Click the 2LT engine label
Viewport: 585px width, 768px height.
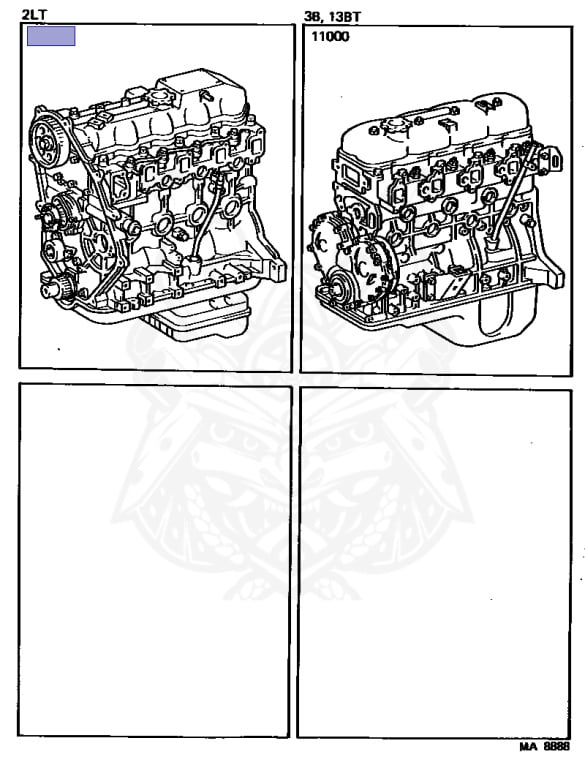[x=34, y=15]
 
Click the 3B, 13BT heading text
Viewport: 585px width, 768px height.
[x=332, y=17]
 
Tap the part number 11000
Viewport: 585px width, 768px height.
[x=331, y=37]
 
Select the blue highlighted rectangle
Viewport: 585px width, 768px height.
[x=51, y=36]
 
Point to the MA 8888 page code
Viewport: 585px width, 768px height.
[x=545, y=746]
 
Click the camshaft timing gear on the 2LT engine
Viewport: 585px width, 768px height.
[x=47, y=139]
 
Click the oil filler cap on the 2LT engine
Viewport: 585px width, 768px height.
[x=159, y=97]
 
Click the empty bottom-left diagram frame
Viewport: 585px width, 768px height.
[x=154, y=561]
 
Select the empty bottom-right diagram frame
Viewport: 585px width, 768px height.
[x=435, y=563]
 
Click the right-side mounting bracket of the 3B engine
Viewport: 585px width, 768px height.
[x=551, y=159]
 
